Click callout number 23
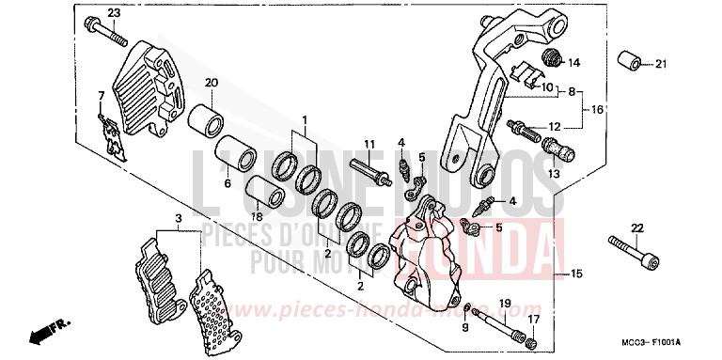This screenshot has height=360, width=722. [x=114, y=12]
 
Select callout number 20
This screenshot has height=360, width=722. [x=212, y=84]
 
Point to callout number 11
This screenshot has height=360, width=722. [x=369, y=144]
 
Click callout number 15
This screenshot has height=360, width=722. [x=577, y=274]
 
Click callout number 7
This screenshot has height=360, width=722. [x=101, y=95]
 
